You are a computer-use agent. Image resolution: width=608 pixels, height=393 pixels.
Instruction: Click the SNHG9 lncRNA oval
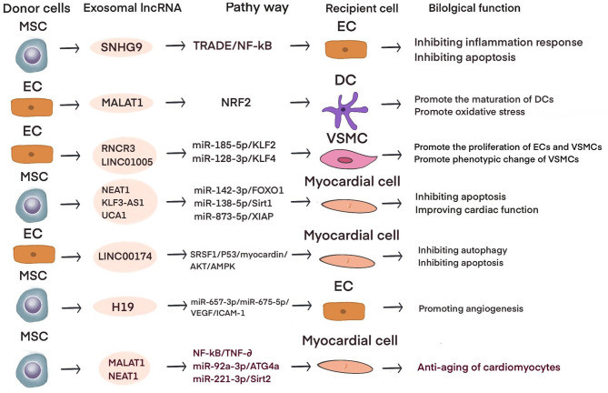[125, 47]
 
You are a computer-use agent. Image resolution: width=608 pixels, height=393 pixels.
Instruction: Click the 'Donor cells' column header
[35, 9]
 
